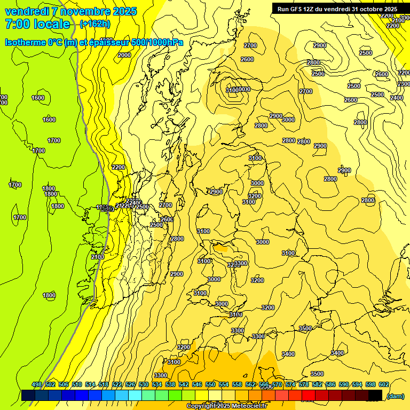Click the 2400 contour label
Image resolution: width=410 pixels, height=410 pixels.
point(397,98)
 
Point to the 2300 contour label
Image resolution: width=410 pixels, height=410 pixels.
point(404,84)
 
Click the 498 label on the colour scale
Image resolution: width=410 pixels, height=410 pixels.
point(37,384)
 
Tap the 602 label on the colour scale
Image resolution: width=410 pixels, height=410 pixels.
point(384,384)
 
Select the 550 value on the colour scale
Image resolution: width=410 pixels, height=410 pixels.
point(210,384)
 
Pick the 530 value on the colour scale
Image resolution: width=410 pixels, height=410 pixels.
point(144,384)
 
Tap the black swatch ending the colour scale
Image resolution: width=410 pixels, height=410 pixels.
point(375,395)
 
